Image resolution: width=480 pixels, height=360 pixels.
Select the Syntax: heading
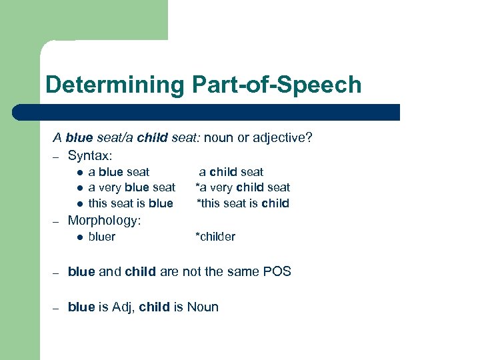(90, 155)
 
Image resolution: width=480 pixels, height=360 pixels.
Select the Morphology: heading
(104, 220)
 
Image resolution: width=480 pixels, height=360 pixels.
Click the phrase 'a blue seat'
(119, 172)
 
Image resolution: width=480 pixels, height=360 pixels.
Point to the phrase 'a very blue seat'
(131, 187)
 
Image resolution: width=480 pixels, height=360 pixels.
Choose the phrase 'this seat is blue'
(130, 203)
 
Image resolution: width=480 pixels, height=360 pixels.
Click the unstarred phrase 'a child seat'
(231, 172)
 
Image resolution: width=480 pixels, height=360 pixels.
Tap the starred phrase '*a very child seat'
(242, 187)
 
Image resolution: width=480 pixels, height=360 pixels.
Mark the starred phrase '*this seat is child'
(242, 203)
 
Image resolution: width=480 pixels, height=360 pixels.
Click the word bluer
(101, 237)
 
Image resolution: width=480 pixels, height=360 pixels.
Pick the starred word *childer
(215, 237)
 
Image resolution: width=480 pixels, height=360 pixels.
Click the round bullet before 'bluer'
(78, 237)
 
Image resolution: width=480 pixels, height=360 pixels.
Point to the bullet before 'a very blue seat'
(78, 188)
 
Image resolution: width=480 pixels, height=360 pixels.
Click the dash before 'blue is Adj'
(57, 307)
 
